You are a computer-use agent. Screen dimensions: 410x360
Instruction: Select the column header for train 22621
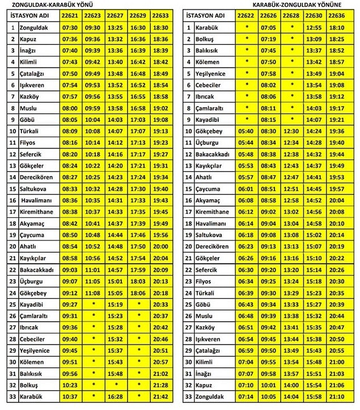point(70,15)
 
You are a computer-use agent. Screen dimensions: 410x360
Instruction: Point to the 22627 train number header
point(115,15)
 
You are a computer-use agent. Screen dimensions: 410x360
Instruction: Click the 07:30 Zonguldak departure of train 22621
point(70,27)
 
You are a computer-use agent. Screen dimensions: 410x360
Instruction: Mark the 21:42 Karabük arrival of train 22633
point(160,396)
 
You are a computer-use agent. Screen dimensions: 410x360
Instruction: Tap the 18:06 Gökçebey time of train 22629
point(138,293)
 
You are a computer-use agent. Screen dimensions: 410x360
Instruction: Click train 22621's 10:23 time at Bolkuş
point(70,385)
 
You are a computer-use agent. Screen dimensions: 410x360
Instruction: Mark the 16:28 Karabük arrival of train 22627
point(115,396)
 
